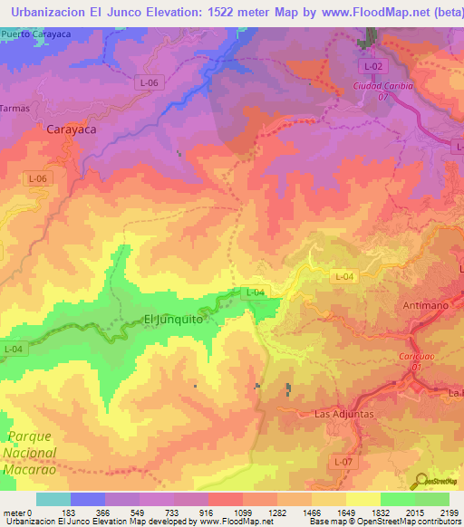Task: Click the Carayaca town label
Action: (71, 129)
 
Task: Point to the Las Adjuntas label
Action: (343, 414)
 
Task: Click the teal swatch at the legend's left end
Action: (53, 499)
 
